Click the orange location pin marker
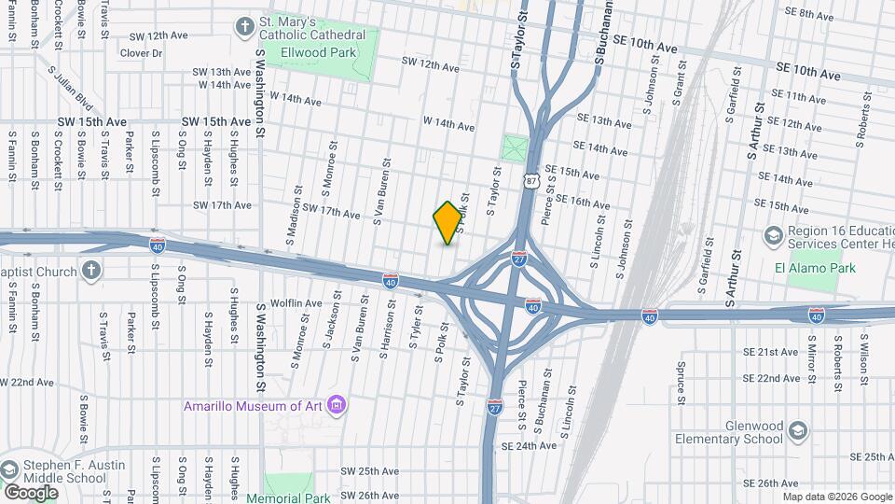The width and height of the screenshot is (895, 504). point(447,222)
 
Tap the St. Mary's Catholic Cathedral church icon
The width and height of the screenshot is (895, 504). point(245,25)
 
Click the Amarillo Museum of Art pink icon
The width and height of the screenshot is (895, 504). point(337,405)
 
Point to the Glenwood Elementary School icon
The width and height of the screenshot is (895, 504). point(797,430)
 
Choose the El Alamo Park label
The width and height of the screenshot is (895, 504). point(814,268)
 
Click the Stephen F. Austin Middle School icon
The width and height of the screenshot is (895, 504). point(10,468)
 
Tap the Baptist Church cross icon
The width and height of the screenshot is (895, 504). point(90,272)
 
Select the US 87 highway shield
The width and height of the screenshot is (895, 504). point(531,182)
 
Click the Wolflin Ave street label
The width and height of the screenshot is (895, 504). point(296,303)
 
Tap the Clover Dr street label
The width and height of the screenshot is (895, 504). point(141,53)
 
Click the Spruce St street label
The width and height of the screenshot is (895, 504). point(683,378)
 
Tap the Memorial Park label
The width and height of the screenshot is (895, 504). point(288,497)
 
